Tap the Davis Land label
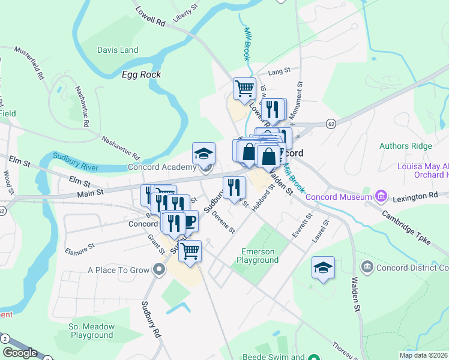[x=118, y=50]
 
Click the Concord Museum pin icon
[x=380, y=196]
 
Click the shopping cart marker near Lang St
[x=244, y=89]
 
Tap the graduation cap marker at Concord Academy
[x=203, y=154]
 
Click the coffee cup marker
[x=189, y=221]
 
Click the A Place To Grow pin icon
[x=159, y=270]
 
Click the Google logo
[x=20, y=353]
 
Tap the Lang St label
[x=275, y=72]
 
